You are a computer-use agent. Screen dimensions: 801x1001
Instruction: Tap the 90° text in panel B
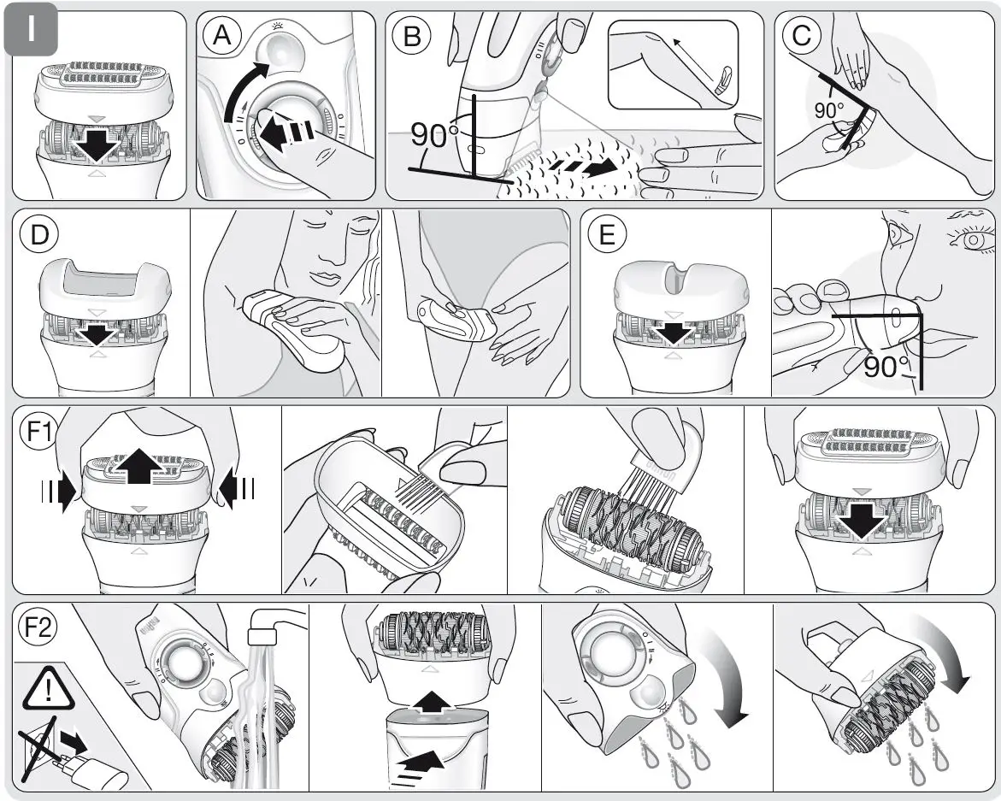(434, 135)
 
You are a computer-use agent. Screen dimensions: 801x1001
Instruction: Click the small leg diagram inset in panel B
(673, 65)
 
